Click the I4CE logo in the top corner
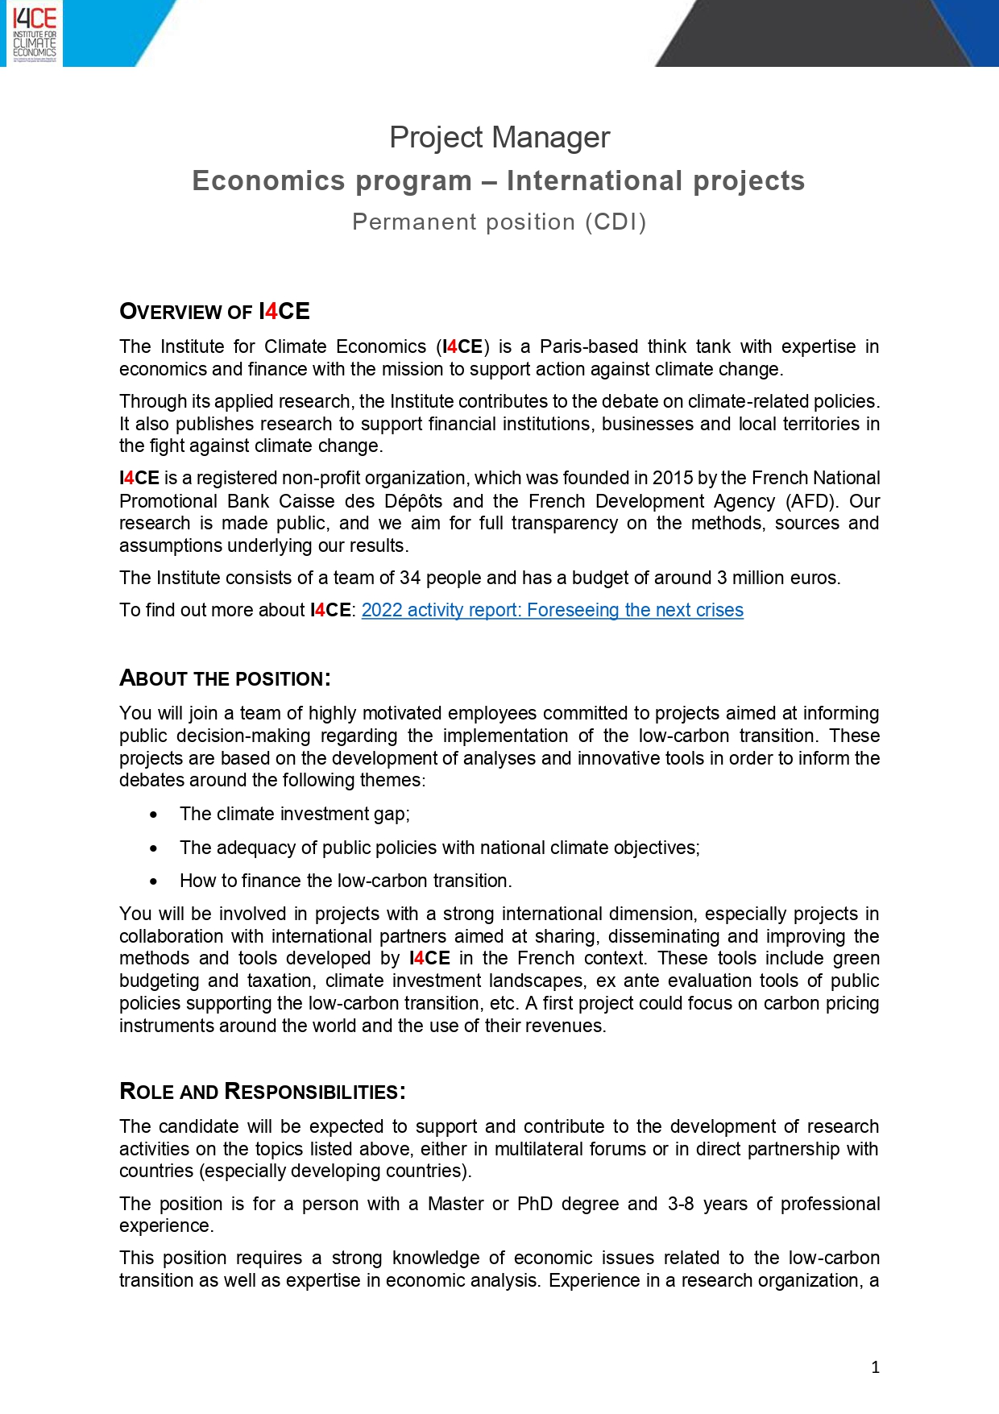[x=35, y=34]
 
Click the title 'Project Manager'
[x=499, y=137]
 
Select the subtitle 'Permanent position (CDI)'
[x=499, y=222]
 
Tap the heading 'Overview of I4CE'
[x=214, y=312]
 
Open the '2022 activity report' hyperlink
[x=552, y=610]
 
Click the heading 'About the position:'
[x=225, y=678]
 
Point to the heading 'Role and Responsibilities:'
[x=262, y=1092]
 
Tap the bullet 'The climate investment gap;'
[x=295, y=814]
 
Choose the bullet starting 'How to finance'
[x=346, y=881]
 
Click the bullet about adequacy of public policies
[x=440, y=848]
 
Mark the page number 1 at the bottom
[x=875, y=1367]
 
